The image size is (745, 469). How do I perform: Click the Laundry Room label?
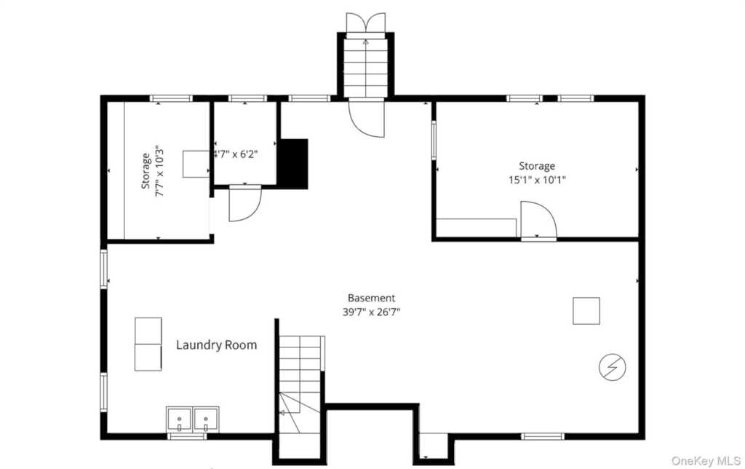click(x=216, y=345)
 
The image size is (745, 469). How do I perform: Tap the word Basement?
click(x=371, y=299)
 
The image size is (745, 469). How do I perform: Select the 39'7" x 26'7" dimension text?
click(x=371, y=312)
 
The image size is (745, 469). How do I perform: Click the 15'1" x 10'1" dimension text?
click(x=537, y=180)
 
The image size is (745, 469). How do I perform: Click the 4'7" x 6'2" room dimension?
click(x=236, y=154)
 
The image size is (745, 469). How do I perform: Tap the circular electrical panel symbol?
click(x=612, y=367)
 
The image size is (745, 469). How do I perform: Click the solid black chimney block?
click(x=293, y=164)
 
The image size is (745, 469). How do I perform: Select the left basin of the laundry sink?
click(x=179, y=419)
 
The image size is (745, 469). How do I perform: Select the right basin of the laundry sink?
click(x=206, y=419)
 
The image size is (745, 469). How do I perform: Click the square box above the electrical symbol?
click(x=586, y=311)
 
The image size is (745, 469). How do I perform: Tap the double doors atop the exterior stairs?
click(x=365, y=25)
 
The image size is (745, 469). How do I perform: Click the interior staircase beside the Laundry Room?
click(x=300, y=385)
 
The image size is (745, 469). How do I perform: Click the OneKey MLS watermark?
click(x=706, y=460)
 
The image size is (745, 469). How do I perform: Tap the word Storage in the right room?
click(x=537, y=166)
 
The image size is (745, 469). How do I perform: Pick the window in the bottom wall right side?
click(x=543, y=436)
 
